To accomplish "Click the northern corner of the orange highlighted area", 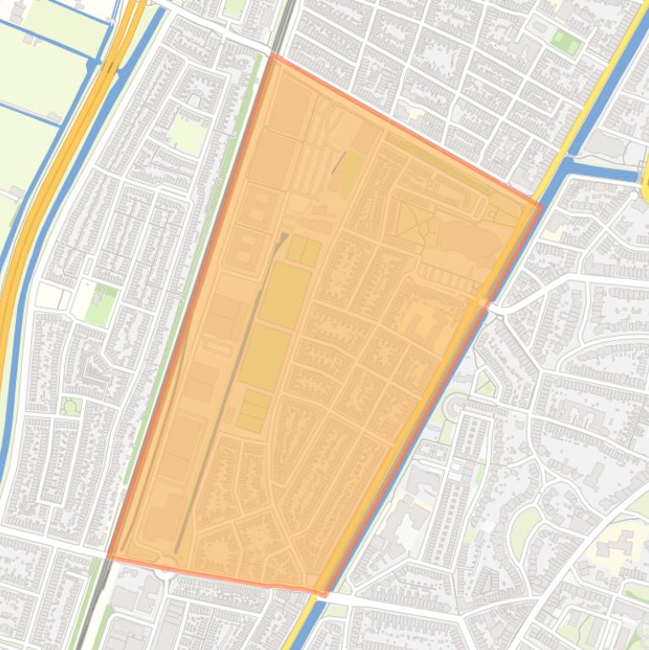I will tap(271, 55).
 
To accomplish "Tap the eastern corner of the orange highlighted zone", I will tap(541, 204).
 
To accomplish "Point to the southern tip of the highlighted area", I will tap(324, 594).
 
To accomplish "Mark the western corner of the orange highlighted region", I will tap(109, 557).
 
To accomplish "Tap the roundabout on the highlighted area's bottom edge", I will tap(165, 563).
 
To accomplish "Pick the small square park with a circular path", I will tap(71, 405).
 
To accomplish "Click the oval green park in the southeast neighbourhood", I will tap(524, 524).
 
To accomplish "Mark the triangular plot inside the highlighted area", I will tap(412, 221).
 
